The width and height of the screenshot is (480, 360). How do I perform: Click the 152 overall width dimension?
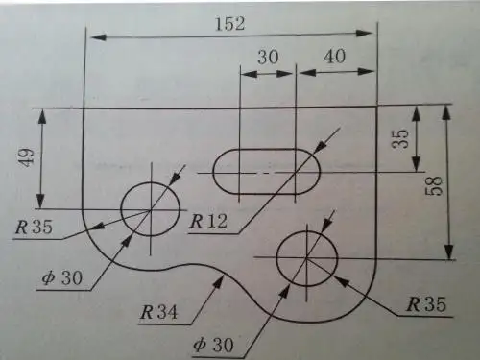[230, 24]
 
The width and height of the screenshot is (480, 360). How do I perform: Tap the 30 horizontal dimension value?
[268, 57]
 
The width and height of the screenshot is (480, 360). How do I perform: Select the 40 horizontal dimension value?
[335, 57]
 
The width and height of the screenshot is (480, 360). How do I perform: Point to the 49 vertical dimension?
[26, 157]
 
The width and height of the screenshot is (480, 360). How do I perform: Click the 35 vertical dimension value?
[401, 138]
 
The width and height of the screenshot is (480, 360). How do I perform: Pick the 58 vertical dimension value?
[435, 186]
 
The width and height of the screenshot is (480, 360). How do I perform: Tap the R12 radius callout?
[208, 221]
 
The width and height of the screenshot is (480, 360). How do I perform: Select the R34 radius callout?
[158, 312]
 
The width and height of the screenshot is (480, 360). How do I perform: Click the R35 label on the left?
[34, 227]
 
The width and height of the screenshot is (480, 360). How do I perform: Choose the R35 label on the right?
[426, 304]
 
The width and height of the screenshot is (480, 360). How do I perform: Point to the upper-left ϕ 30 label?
[62, 277]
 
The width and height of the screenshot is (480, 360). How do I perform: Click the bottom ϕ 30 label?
[214, 345]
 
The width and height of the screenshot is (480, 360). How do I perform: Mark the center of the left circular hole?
[151, 209]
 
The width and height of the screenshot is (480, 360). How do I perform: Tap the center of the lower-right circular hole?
[307, 257]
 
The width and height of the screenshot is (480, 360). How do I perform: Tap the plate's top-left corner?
[84, 108]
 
